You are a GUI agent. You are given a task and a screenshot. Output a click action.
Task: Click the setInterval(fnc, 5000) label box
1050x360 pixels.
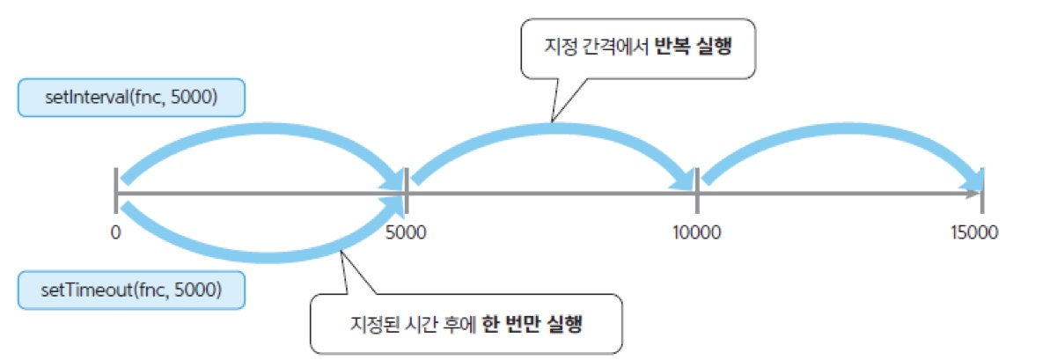coord(131,98)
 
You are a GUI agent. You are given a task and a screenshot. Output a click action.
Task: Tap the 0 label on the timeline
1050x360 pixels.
coord(115,232)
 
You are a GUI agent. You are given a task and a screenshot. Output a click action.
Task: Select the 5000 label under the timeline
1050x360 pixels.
coord(406,232)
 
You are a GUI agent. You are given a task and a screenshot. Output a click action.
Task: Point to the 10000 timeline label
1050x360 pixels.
coord(696,232)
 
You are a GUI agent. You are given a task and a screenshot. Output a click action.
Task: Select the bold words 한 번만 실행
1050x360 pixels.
coord(538,324)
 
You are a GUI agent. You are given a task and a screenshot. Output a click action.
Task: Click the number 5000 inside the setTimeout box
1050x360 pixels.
coord(198,289)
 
